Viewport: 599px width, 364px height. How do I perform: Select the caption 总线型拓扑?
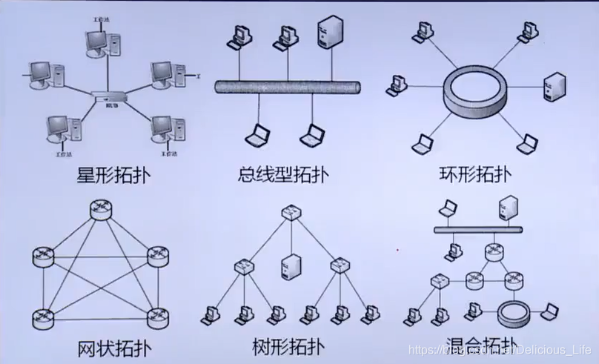pos(283,176)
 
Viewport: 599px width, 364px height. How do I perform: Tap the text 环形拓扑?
pos(474,176)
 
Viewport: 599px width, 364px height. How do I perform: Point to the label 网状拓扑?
pos(113,346)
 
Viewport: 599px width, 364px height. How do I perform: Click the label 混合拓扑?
pos(475,346)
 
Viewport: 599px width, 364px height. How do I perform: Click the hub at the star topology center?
pos(107,96)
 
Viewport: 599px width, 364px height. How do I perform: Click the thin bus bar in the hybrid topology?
pos(475,229)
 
